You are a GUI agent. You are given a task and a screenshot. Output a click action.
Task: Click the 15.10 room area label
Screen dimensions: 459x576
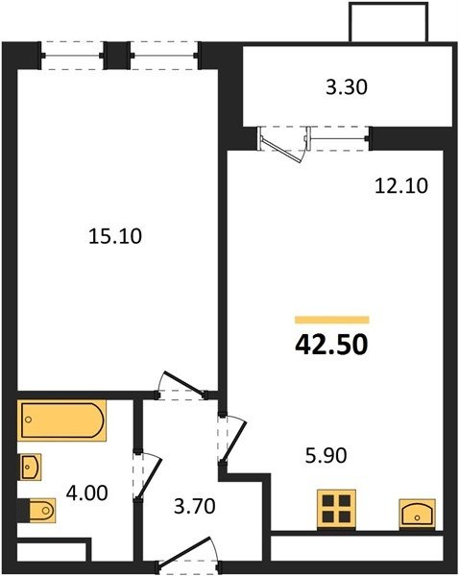click(x=115, y=236)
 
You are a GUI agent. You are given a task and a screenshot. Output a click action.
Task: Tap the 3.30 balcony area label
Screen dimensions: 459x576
click(x=347, y=87)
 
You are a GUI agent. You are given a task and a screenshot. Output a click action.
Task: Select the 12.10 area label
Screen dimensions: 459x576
click(x=401, y=185)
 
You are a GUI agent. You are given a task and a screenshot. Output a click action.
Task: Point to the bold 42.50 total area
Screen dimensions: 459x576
click(x=331, y=345)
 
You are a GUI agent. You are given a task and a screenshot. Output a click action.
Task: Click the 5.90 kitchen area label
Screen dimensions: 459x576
click(x=326, y=455)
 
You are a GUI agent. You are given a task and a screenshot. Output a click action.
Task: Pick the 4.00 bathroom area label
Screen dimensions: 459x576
click(x=87, y=493)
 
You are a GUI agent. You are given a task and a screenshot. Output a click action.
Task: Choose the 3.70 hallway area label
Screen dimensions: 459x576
click(x=194, y=506)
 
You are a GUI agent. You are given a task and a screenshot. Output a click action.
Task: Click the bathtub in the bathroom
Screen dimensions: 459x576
click(x=61, y=420)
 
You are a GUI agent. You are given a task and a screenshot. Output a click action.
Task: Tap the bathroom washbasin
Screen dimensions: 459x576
click(x=30, y=467)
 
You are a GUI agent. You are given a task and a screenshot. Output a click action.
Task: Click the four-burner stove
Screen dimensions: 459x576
click(x=336, y=509)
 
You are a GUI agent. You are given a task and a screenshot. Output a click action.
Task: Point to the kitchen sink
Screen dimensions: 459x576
click(x=418, y=514)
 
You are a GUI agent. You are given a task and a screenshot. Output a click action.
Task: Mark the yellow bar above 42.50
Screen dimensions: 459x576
click(x=332, y=320)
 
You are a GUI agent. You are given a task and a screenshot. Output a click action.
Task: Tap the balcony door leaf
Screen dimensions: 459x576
click(x=283, y=150)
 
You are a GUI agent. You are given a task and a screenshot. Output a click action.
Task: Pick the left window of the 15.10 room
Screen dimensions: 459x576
click(x=72, y=56)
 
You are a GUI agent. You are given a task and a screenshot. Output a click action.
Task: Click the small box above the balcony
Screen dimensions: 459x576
click(x=389, y=22)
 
